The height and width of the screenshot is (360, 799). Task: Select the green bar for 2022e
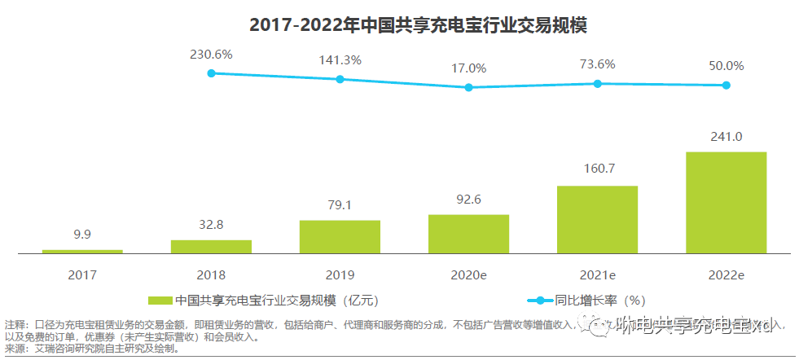click(x=726, y=202)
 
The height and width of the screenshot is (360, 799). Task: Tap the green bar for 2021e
click(x=597, y=219)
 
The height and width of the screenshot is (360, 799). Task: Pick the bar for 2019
click(x=340, y=236)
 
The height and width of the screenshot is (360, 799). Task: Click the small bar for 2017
click(x=82, y=251)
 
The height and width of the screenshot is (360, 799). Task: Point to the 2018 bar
click(x=211, y=246)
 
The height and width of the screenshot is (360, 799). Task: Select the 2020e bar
click(x=468, y=234)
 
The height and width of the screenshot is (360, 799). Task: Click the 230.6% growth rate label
click(x=211, y=54)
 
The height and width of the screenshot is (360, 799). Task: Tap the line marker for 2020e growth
click(x=468, y=87)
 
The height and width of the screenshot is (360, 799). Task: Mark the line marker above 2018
click(x=211, y=73)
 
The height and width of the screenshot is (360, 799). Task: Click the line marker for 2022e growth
click(x=726, y=86)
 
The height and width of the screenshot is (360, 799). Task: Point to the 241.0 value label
click(x=726, y=137)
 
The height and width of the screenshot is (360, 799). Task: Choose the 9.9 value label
click(x=82, y=235)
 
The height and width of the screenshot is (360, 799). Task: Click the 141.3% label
click(x=340, y=60)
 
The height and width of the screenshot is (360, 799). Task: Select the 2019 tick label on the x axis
click(x=340, y=275)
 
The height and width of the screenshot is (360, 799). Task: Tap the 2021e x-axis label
click(x=597, y=275)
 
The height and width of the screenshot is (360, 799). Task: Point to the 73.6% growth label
click(x=597, y=64)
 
